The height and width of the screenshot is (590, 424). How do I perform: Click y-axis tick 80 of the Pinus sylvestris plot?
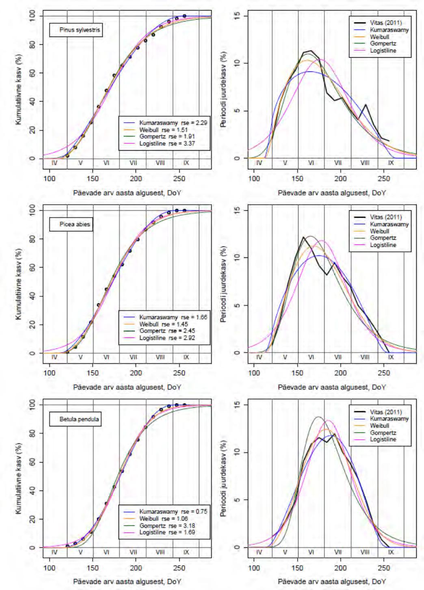33,44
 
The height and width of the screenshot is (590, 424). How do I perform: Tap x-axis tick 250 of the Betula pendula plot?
179,568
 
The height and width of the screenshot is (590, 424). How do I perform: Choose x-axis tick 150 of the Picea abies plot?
93,373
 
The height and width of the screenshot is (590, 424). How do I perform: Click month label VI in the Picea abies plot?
106,357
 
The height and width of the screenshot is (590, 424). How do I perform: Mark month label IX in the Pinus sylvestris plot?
186,163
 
